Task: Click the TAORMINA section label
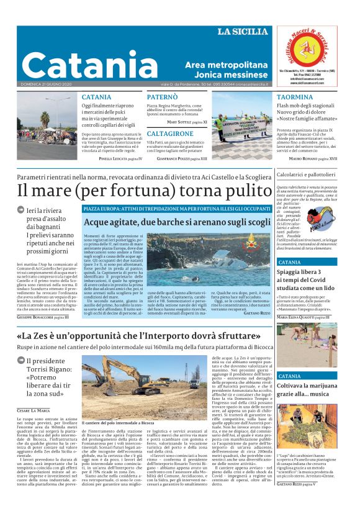point(294,97)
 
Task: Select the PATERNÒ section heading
point(163,97)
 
